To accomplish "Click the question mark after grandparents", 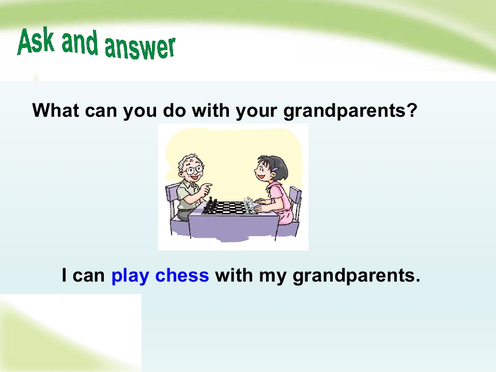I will [412, 110].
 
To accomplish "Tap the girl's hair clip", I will [277, 169].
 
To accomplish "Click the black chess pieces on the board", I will [211, 207].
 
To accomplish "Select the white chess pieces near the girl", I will [250, 206].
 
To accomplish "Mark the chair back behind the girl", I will [295, 198].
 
